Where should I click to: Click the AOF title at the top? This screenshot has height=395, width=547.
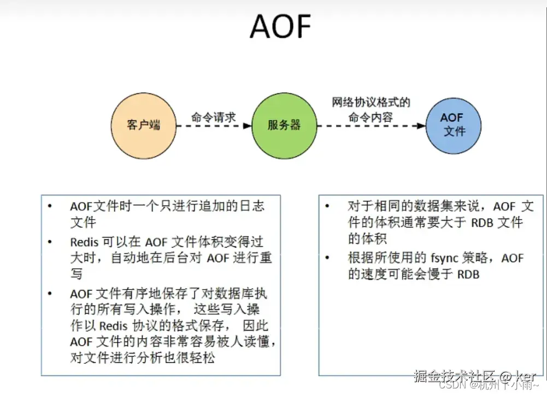pos(280,26)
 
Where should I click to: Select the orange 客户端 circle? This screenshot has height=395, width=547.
pos(144,125)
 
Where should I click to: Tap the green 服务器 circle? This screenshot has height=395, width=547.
pos(284,125)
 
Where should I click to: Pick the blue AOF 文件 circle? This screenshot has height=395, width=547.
pos(454,125)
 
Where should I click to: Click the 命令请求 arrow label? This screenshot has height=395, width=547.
pos(213,117)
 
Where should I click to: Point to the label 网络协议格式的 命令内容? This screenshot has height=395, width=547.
pos(371,109)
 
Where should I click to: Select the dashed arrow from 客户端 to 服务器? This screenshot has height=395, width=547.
pos(214,126)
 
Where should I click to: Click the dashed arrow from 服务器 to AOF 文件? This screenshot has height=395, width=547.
pos(371,126)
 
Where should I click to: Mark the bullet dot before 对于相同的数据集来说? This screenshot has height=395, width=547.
pos(327,207)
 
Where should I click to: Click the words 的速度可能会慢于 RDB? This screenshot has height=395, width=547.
pos(413,274)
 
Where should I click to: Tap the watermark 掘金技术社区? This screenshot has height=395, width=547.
pos(454,376)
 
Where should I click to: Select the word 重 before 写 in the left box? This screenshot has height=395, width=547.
pos(265,258)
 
